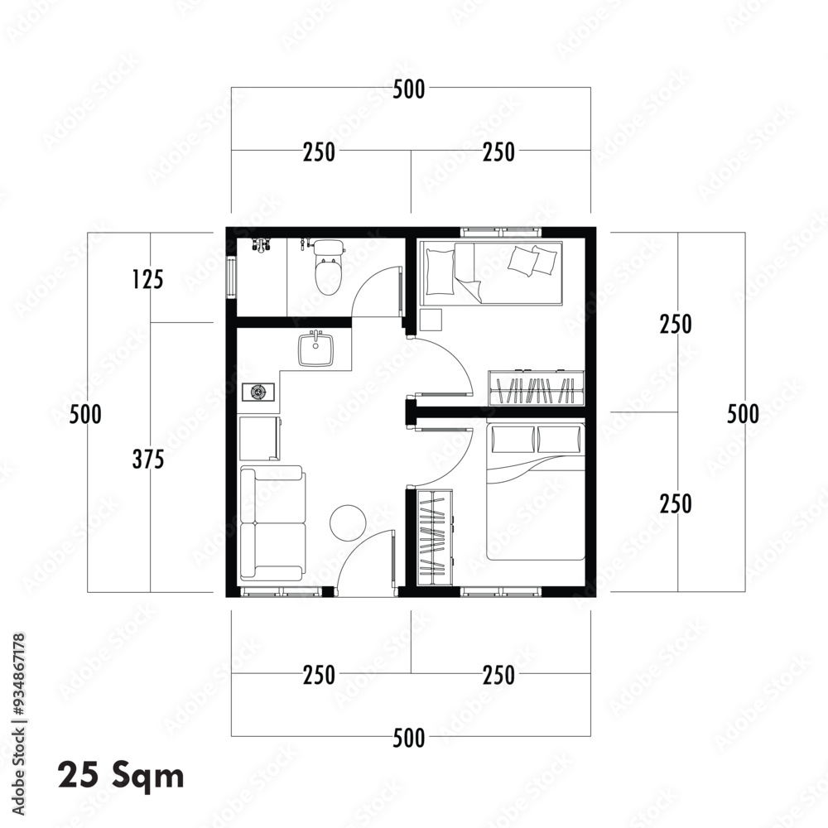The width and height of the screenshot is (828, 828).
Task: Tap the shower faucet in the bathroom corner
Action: tap(262, 246)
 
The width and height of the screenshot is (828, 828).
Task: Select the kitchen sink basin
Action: tap(315, 349)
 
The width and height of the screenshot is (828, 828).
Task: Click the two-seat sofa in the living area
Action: tap(272, 522)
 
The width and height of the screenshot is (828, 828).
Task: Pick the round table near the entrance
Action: tap(346, 522)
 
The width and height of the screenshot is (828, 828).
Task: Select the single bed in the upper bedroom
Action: tap(490, 272)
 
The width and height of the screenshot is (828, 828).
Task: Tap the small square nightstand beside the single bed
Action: tap(431, 320)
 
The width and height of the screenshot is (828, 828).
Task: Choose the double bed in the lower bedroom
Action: tap(534, 491)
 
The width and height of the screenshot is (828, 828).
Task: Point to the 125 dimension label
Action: tap(147, 280)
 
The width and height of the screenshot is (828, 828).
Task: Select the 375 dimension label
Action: tap(147, 460)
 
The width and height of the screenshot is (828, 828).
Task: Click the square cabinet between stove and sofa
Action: tap(259, 438)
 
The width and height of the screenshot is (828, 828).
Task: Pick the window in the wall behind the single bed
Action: tap(497, 231)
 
